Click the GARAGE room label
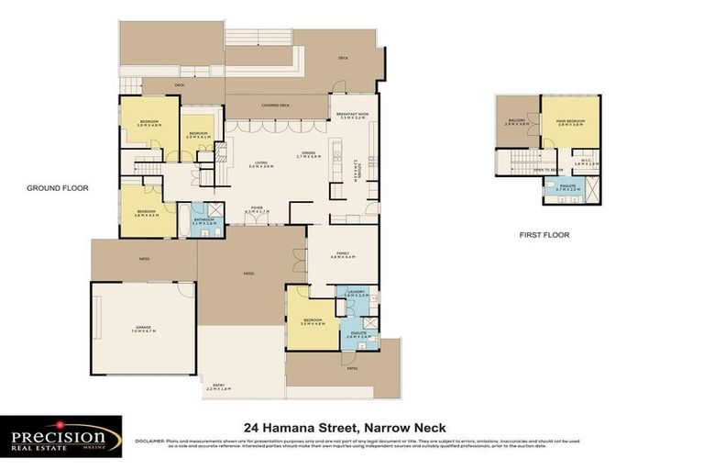143,329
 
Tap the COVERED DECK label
275,105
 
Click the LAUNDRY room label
357,294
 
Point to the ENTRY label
216,386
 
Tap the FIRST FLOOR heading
544,235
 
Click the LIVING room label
263,163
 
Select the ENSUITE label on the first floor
568,187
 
